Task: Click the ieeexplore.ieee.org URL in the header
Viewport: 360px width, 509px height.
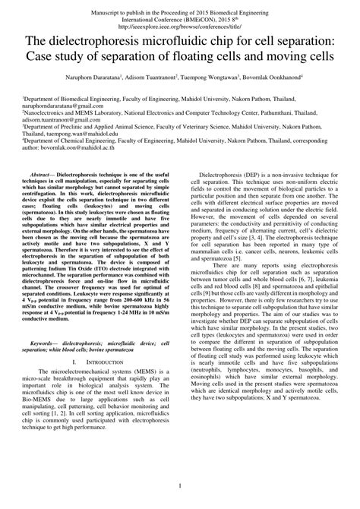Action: tap(179, 24)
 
